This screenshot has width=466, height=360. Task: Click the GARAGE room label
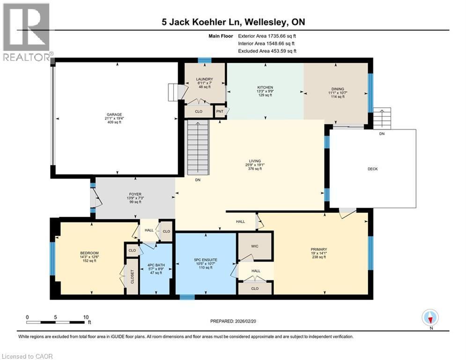click(x=113, y=114)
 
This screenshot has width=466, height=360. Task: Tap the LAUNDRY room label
click(x=205, y=79)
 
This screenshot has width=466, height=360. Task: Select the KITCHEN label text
click(x=265, y=88)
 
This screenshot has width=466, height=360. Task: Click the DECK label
click(x=372, y=169)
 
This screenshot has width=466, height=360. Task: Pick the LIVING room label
click(x=255, y=161)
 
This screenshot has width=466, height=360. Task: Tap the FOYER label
click(x=135, y=193)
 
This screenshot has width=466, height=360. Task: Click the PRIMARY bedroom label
click(x=318, y=249)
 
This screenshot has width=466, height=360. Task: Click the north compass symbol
click(x=430, y=317)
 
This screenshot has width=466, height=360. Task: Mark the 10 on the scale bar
click(x=86, y=317)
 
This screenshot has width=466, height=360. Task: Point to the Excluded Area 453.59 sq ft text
click(x=267, y=51)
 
